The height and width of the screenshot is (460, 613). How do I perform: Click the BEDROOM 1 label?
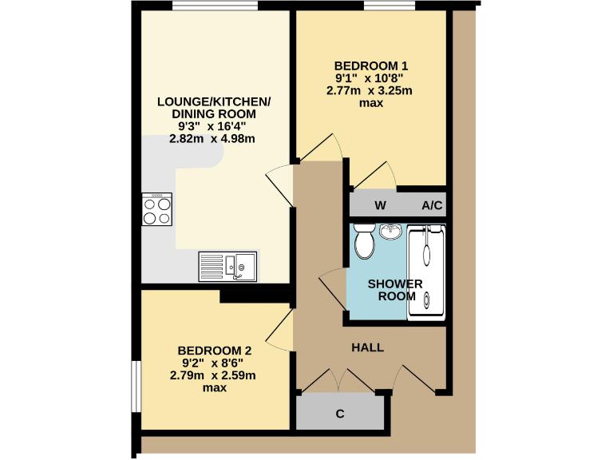pos(371,65)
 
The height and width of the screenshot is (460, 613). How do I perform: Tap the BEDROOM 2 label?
pos(215,351)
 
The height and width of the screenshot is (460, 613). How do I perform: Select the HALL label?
pos(368,347)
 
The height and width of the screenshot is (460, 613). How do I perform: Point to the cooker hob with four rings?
pos(156,210)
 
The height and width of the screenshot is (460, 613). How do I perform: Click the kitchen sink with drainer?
pos(228,265)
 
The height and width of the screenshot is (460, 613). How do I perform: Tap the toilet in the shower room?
pos(364,241)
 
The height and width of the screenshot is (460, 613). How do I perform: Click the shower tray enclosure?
pos(426,272)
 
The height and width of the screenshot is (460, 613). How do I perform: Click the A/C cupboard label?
pos(432,205)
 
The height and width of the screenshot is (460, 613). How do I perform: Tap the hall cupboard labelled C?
pos(339,414)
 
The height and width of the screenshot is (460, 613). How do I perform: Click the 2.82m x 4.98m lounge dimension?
pos(212,138)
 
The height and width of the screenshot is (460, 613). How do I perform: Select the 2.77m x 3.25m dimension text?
pos(370,90)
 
